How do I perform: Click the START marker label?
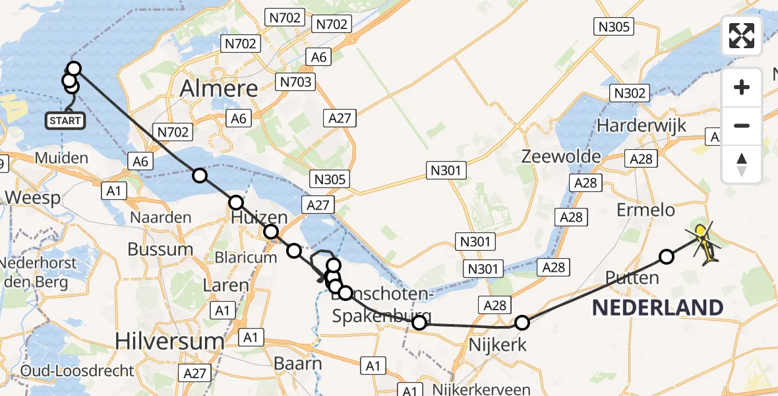[x=65, y=120]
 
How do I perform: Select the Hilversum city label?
[x=169, y=341]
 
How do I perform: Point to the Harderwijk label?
[x=641, y=125]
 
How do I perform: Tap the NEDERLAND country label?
[x=657, y=308]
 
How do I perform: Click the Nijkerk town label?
[x=499, y=344]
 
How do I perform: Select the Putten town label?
[x=632, y=277]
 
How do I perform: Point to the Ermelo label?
[x=645, y=210]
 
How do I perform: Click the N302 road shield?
[x=629, y=93]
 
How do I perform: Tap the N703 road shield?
[x=295, y=82]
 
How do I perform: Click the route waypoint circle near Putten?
[x=667, y=256]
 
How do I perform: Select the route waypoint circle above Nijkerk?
[x=522, y=323]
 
